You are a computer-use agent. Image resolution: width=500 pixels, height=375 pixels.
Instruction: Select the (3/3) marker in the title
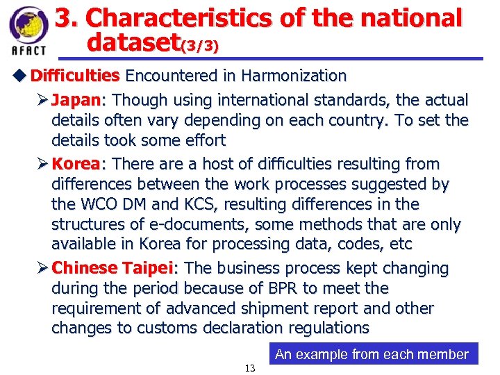point(200,47)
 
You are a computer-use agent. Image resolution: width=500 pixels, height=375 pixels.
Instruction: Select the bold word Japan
point(76,100)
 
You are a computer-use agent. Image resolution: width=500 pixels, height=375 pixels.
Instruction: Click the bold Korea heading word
point(76,165)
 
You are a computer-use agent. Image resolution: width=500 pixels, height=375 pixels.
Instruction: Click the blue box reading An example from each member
point(372,354)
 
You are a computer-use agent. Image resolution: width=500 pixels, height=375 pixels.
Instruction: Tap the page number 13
point(250,368)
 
